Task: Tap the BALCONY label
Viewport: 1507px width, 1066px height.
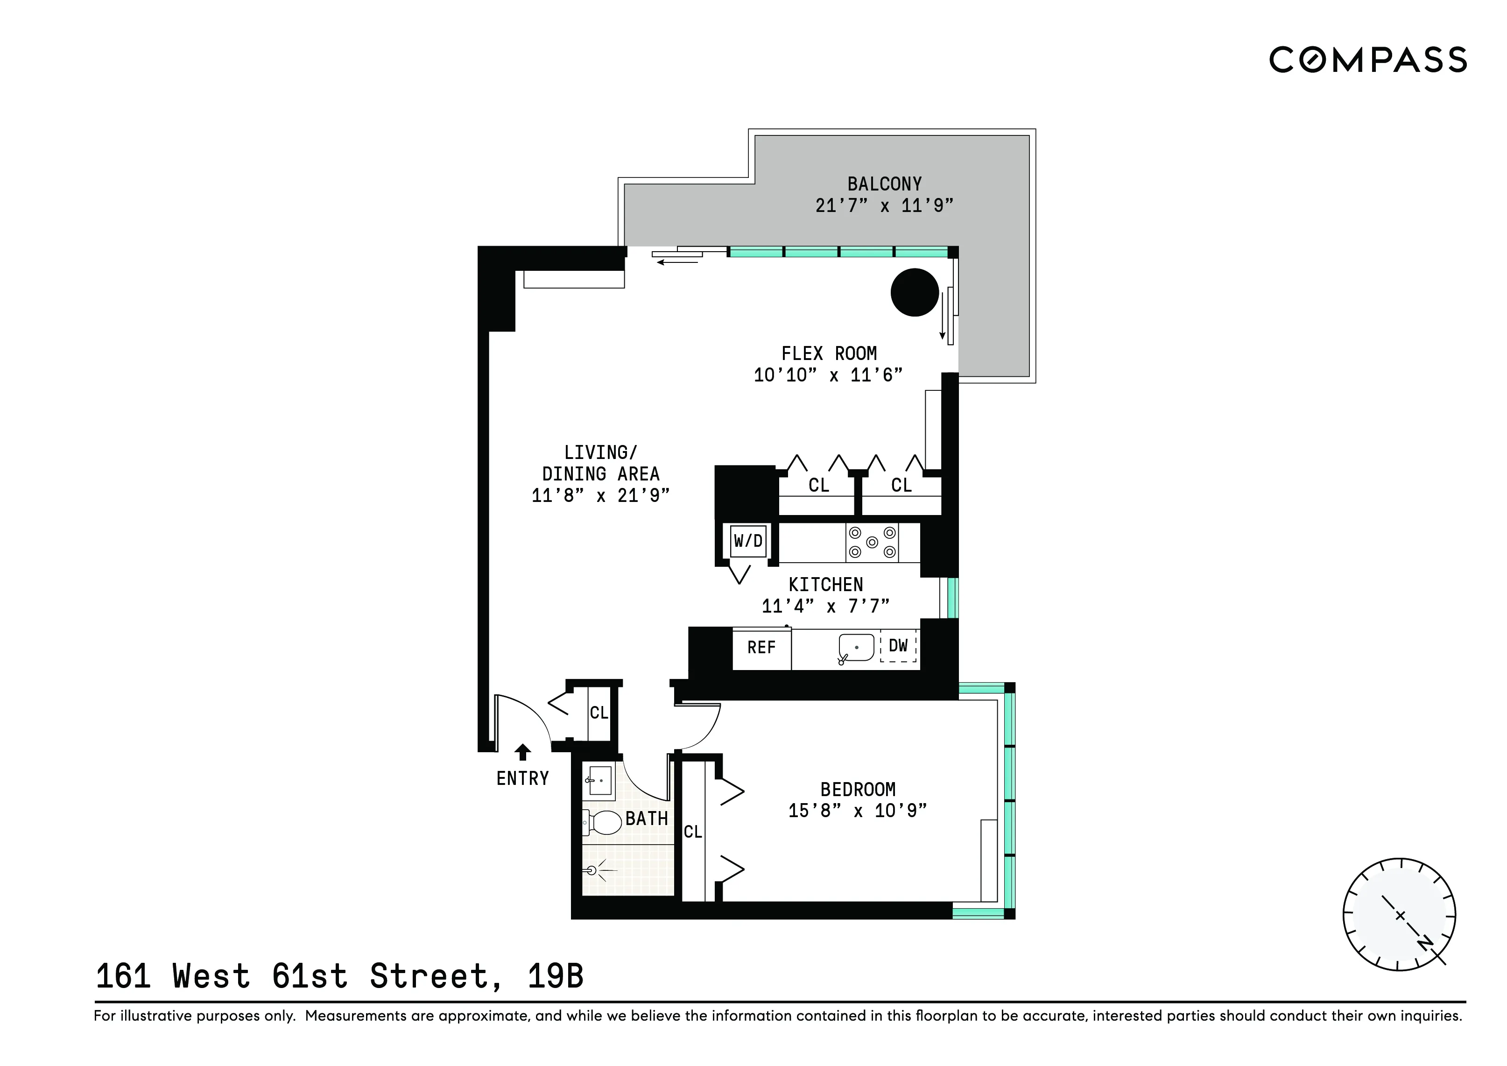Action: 884,184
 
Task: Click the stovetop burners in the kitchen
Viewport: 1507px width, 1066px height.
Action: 872,542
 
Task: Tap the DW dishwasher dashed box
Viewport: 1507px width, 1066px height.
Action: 898,646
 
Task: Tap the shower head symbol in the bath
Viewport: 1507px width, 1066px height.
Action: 592,870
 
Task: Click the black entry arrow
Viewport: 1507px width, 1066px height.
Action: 522,752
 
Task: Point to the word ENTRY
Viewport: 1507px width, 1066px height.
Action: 522,778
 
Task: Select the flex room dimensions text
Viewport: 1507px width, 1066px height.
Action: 828,375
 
